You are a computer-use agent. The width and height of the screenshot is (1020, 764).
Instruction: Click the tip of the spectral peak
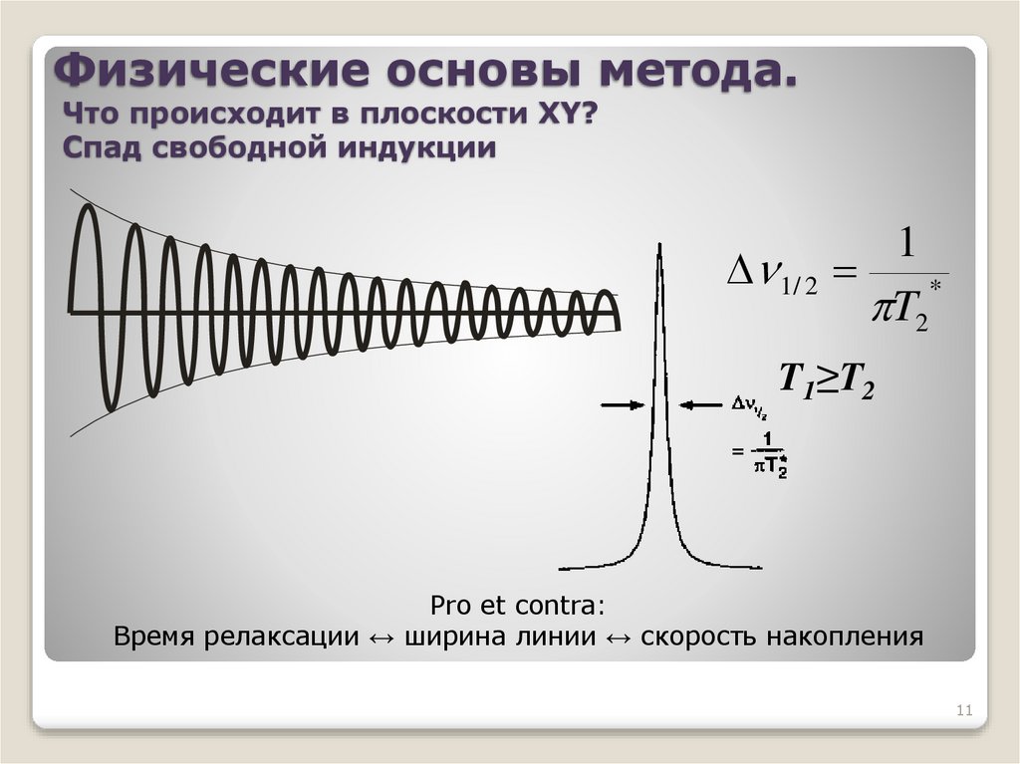click(658, 245)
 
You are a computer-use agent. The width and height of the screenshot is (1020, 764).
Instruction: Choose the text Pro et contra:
click(517, 606)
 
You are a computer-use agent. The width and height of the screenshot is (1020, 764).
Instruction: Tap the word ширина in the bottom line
click(449, 636)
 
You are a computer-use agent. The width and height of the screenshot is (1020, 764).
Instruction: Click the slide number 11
click(963, 710)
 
